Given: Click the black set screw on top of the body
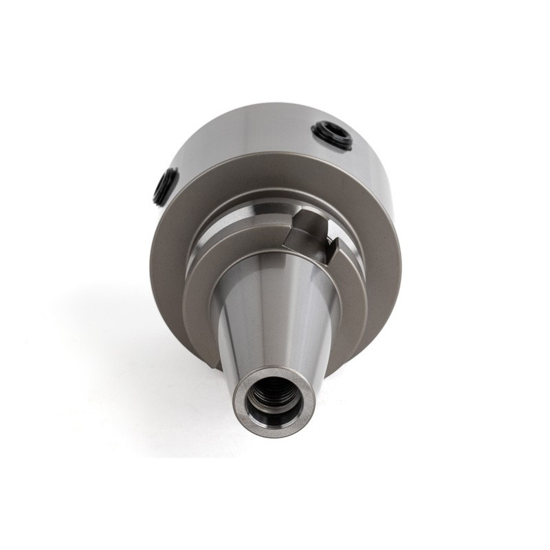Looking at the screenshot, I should coord(331,135).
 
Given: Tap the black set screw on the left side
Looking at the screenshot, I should coord(164,186).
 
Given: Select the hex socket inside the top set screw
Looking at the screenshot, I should coord(331,133).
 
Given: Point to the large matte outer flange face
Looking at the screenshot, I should coord(172,275).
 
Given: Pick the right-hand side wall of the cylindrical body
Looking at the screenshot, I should coord(385,172).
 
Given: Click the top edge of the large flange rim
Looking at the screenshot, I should coord(275,155).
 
